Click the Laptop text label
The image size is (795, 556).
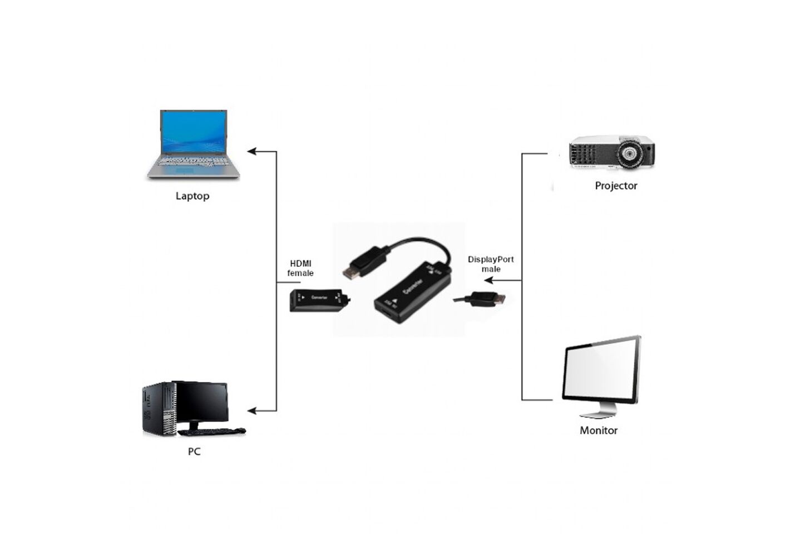[x=192, y=196]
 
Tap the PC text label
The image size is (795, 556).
[x=194, y=451]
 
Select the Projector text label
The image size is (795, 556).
[x=615, y=186]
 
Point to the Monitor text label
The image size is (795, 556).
[x=598, y=430]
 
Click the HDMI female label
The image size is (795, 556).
[x=300, y=268]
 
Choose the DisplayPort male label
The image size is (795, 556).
[x=490, y=264]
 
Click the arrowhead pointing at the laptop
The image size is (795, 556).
[x=252, y=151]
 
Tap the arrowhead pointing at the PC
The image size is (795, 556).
[x=252, y=411]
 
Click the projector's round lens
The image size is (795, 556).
[x=630, y=152]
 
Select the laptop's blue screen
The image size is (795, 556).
[x=193, y=132]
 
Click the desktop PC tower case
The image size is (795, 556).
[x=159, y=409]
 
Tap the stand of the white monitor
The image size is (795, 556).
[x=599, y=411]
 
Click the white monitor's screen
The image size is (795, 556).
[x=600, y=371]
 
